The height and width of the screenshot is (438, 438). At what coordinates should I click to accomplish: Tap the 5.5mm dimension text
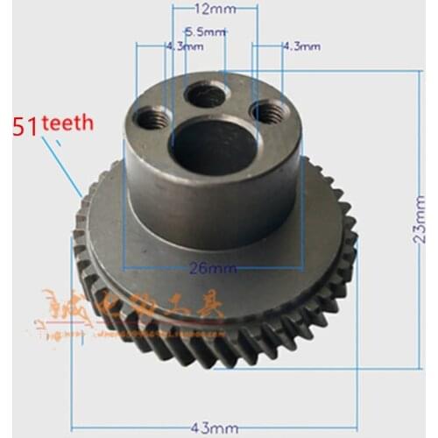click(211, 32)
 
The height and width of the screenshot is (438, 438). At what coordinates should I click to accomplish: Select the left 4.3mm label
click(178, 45)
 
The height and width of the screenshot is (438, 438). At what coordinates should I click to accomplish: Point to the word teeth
click(65, 124)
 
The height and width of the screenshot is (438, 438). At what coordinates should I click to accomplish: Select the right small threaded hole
click(266, 111)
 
